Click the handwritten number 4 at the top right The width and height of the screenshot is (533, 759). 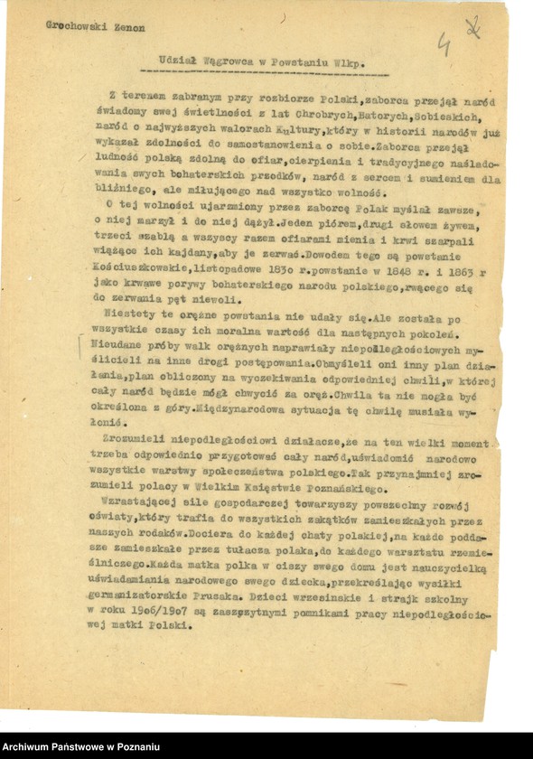[x=444, y=41]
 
